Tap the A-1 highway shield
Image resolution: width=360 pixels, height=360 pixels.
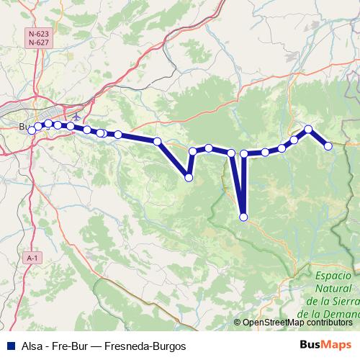tap(32, 257)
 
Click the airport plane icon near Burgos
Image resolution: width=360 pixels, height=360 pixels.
tap(77, 116)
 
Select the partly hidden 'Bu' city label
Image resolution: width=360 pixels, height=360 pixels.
tap(24, 127)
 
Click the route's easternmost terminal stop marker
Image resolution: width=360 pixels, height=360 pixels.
tap(328, 146)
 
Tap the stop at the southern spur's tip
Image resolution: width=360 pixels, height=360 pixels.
tap(243, 217)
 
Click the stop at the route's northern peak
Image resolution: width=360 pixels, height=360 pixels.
tap(308, 130)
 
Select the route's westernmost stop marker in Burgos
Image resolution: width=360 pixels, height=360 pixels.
tap(32, 130)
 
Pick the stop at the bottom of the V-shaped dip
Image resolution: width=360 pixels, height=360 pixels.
tap(189, 177)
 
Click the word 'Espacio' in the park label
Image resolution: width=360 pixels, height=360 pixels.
tap(333, 276)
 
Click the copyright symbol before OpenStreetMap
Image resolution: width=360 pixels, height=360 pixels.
tap(238, 322)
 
